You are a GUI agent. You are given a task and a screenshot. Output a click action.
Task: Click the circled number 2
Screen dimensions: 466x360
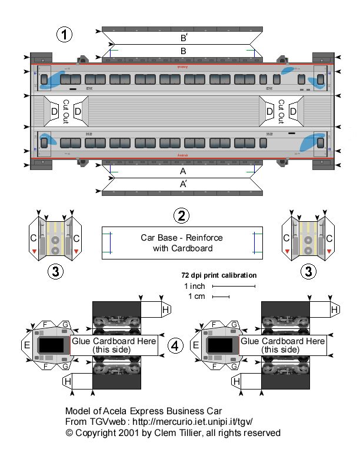click(x=182, y=215)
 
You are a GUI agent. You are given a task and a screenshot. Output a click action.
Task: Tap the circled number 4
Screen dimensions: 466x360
click(x=175, y=346)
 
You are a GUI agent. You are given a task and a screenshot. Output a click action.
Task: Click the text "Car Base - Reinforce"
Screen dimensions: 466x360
click(x=181, y=238)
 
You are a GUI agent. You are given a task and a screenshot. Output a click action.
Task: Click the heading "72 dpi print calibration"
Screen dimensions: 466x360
click(x=218, y=275)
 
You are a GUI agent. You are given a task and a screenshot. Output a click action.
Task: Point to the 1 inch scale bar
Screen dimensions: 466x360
click(x=234, y=287)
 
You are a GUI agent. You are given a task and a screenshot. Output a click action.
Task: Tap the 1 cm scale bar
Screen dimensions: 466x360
click(x=221, y=297)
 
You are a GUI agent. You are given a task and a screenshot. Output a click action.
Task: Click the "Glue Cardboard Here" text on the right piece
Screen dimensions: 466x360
click(x=283, y=341)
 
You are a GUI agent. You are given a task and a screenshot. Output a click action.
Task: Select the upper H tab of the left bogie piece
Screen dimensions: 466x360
click(x=166, y=309)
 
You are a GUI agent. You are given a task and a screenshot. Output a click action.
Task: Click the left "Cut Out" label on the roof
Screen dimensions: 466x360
click(x=66, y=111)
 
